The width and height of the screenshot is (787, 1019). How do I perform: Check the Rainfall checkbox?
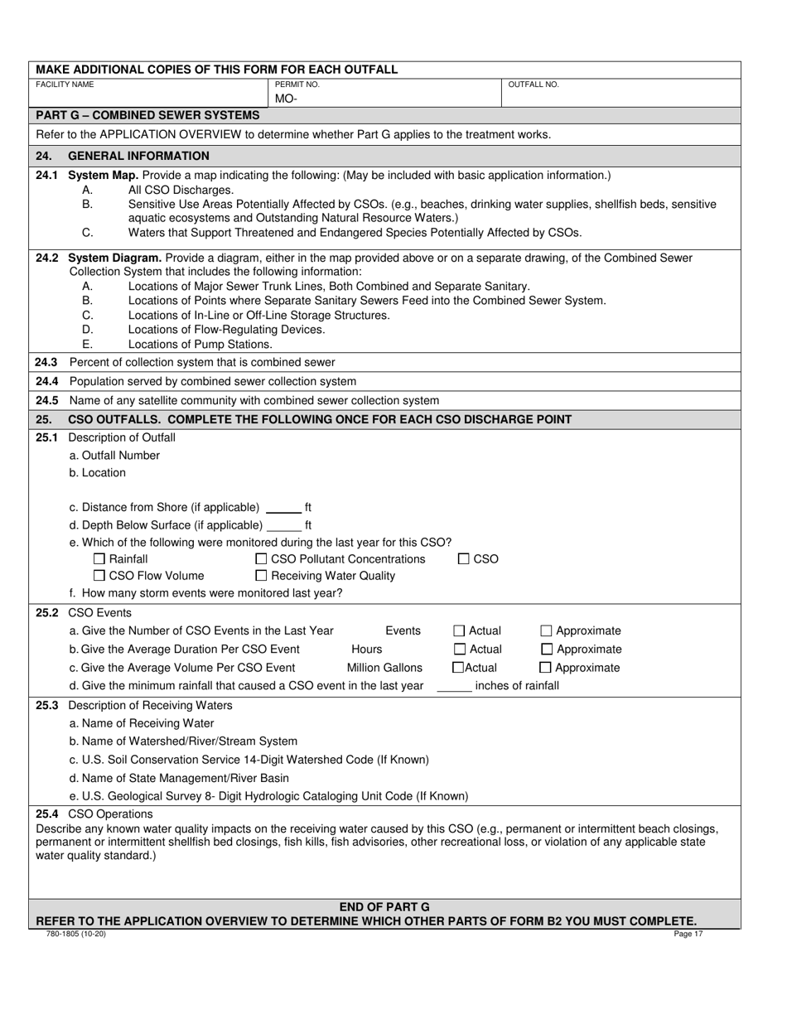click(99, 559)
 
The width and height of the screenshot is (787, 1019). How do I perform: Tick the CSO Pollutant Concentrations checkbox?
click(262, 559)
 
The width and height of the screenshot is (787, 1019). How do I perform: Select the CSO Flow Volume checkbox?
click(99, 576)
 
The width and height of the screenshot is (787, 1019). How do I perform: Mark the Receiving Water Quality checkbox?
click(262, 576)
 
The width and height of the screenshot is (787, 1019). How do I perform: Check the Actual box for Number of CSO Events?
click(461, 630)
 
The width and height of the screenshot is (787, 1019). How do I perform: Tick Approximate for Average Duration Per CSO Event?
click(546, 650)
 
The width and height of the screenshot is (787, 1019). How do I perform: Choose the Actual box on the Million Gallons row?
click(457, 668)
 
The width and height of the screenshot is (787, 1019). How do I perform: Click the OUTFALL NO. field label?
click(533, 85)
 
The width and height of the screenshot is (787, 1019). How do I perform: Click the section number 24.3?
click(47, 362)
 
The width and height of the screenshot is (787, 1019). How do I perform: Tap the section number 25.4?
click(47, 814)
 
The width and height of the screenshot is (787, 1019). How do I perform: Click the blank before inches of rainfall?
click(453, 686)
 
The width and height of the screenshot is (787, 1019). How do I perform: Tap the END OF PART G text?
click(384, 907)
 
